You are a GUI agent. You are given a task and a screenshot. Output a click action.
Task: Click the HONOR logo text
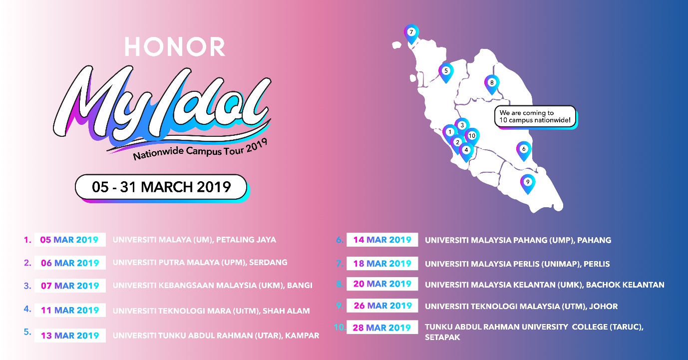pyautogui.click(x=175, y=47)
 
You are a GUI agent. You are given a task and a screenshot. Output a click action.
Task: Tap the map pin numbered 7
pyautogui.click(x=411, y=34)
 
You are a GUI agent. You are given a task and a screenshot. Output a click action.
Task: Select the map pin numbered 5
pyautogui.click(x=446, y=72)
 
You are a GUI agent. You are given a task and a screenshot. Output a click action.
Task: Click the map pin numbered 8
pyautogui.click(x=492, y=84)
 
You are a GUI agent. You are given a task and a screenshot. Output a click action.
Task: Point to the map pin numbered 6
pyautogui.click(x=524, y=151)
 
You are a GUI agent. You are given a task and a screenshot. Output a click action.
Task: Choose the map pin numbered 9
pyautogui.click(x=528, y=184)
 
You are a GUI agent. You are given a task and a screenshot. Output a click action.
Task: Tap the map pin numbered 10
pyautogui.click(x=472, y=137)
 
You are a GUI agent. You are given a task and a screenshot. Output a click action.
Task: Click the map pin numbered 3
pyautogui.click(x=462, y=126)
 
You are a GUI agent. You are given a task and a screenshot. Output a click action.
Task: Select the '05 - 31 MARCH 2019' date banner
pyautogui.click(x=161, y=187)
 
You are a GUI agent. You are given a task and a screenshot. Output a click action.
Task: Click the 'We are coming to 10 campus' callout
pyautogui.click(x=535, y=116)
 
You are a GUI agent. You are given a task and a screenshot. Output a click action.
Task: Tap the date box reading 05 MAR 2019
pyautogui.click(x=70, y=240)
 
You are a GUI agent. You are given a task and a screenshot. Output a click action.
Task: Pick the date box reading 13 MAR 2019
pyautogui.click(x=70, y=336)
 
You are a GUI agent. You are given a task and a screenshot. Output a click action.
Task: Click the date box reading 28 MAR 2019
pyautogui.click(x=382, y=327)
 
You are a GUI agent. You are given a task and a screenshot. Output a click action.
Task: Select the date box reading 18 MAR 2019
pyautogui.click(x=382, y=263)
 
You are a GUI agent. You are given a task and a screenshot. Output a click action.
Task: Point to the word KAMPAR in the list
pyautogui.click(x=302, y=336)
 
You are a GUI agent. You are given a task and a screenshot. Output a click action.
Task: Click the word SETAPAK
pyautogui.click(x=442, y=337)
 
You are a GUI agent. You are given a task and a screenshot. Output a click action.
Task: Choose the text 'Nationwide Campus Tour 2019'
pyautogui.click(x=200, y=150)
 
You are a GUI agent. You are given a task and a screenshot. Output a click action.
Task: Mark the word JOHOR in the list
pyautogui.click(x=603, y=306)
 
